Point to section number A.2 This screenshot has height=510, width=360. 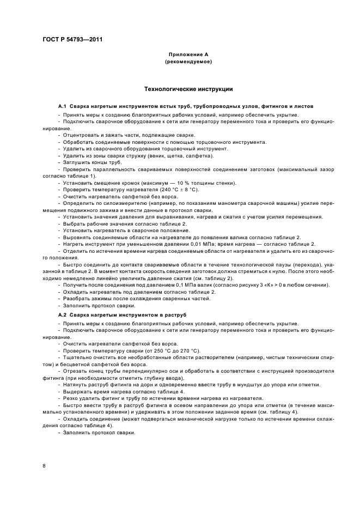tap(63, 315)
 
